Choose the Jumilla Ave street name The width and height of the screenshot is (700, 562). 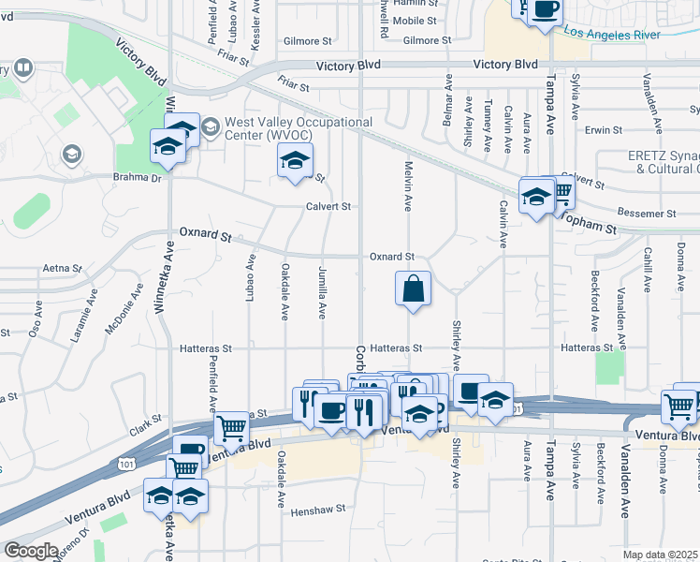tap(322, 292)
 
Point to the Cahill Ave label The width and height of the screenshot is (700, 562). tap(647, 268)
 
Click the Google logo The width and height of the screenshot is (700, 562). tap(32, 551)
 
